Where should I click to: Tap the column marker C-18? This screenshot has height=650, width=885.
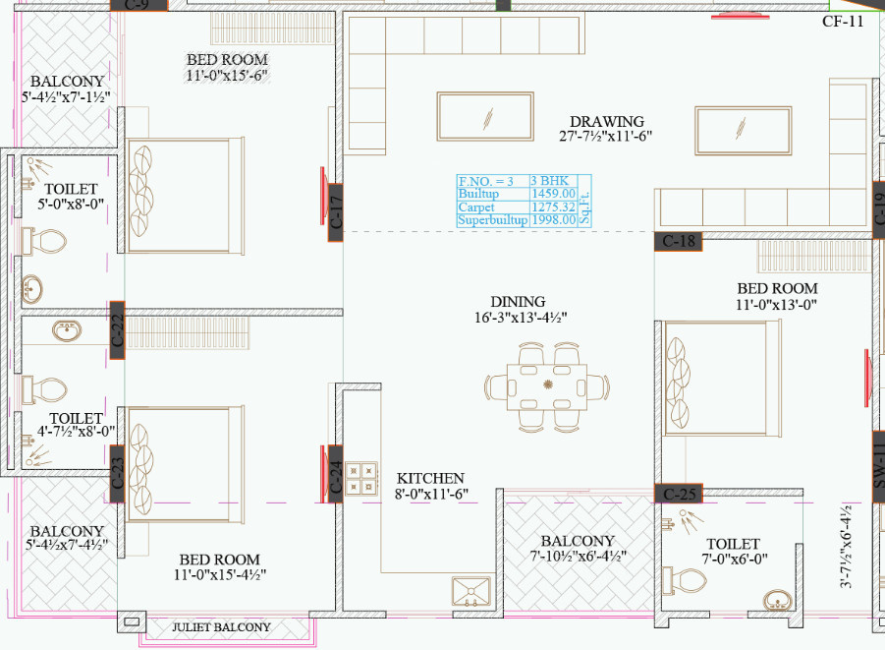pyautogui.click(x=679, y=241)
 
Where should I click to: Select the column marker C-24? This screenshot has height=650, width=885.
pyautogui.click(x=335, y=476)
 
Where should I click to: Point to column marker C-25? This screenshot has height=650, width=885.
pyautogui.click(x=679, y=493)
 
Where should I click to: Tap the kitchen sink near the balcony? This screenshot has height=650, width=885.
pyautogui.click(x=470, y=591)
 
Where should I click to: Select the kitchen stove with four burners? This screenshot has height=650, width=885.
pyautogui.click(x=360, y=477)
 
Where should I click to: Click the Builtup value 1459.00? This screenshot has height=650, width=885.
pyautogui.click(x=553, y=195)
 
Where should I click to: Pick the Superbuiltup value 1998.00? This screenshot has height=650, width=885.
pyautogui.click(x=553, y=221)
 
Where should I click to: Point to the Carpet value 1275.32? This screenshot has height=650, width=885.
pyautogui.click(x=553, y=207)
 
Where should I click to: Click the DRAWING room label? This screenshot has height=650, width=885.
pyautogui.click(x=606, y=122)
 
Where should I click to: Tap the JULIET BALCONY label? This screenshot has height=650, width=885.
pyautogui.click(x=221, y=626)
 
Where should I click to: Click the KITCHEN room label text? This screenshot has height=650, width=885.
pyautogui.click(x=430, y=478)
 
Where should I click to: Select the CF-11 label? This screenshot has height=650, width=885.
pyautogui.click(x=842, y=21)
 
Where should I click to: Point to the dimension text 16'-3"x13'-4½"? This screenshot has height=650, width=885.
pyautogui.click(x=519, y=317)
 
